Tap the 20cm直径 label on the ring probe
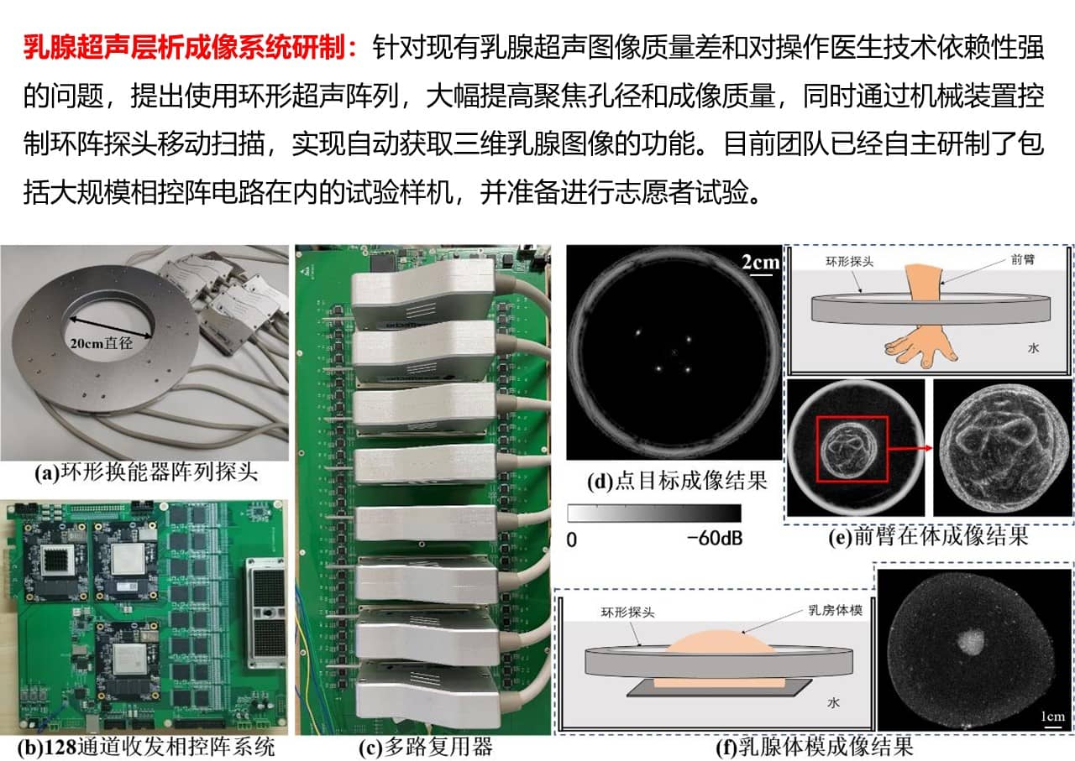click(x=102, y=343)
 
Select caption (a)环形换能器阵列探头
click(x=146, y=472)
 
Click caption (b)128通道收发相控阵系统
click(x=146, y=747)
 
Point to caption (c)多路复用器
click(x=426, y=747)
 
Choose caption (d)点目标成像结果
click(x=677, y=481)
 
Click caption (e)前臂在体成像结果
click(x=928, y=535)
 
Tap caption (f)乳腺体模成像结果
click(x=815, y=747)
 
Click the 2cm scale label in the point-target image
click(x=761, y=262)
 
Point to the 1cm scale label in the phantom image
click(x=1053, y=717)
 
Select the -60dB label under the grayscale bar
click(x=715, y=539)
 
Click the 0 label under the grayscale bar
click(x=572, y=540)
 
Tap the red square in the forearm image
click(x=852, y=417)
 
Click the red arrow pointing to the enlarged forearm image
click(x=910, y=448)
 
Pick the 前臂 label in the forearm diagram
click(x=1023, y=259)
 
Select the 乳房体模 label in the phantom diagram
click(x=836, y=610)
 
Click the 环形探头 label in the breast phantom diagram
click(x=627, y=612)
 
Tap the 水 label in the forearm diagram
click(x=1033, y=348)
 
